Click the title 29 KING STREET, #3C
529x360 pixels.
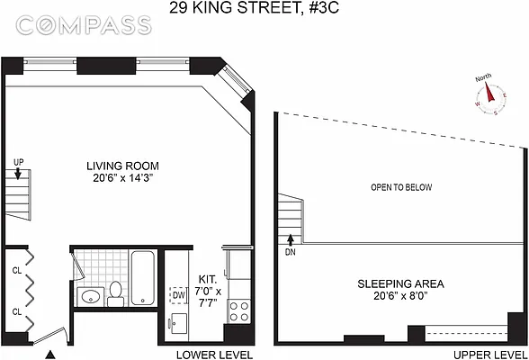pyautogui.click(x=264, y=10)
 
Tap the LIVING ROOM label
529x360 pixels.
pyautogui.click(x=123, y=166)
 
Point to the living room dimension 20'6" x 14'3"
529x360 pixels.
pyautogui.click(x=123, y=178)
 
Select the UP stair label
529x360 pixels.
pyautogui.click(x=19, y=161)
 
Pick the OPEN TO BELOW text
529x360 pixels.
pyautogui.click(x=401, y=188)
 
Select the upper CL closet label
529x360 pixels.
pyautogui.click(x=16, y=268)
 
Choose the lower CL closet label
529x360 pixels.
pyautogui.click(x=16, y=311)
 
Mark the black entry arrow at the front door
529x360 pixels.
pyautogui.click(x=50, y=354)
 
